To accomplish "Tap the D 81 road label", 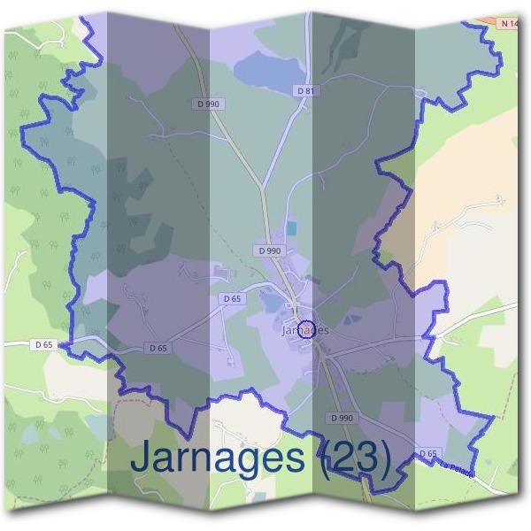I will [306, 90].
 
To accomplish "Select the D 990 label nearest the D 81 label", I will [209, 104].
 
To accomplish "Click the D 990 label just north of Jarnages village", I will [270, 251].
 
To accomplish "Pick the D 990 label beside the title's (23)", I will [342, 417].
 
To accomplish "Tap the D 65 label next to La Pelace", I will [428, 453].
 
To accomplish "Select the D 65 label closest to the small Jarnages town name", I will [231, 299].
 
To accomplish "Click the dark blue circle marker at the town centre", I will [305, 330].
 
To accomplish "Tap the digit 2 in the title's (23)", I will [340, 457].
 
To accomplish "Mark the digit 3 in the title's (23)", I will [365, 457].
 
